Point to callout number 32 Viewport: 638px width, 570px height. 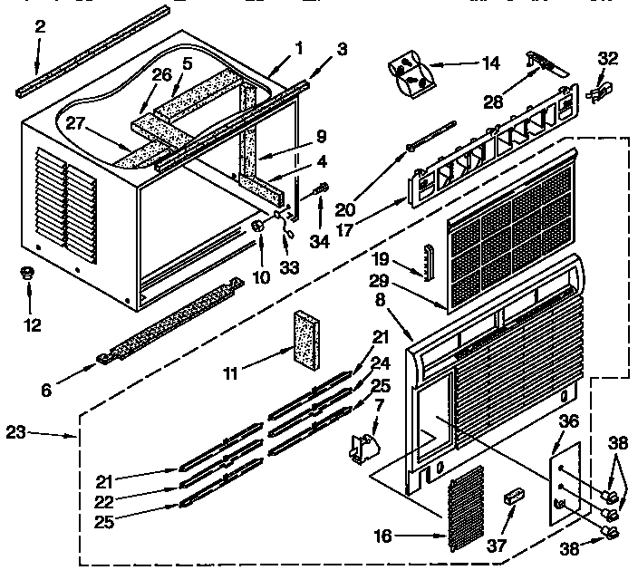click(x=607, y=59)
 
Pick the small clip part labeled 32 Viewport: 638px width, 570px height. click(x=600, y=92)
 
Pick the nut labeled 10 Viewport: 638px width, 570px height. click(x=259, y=224)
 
